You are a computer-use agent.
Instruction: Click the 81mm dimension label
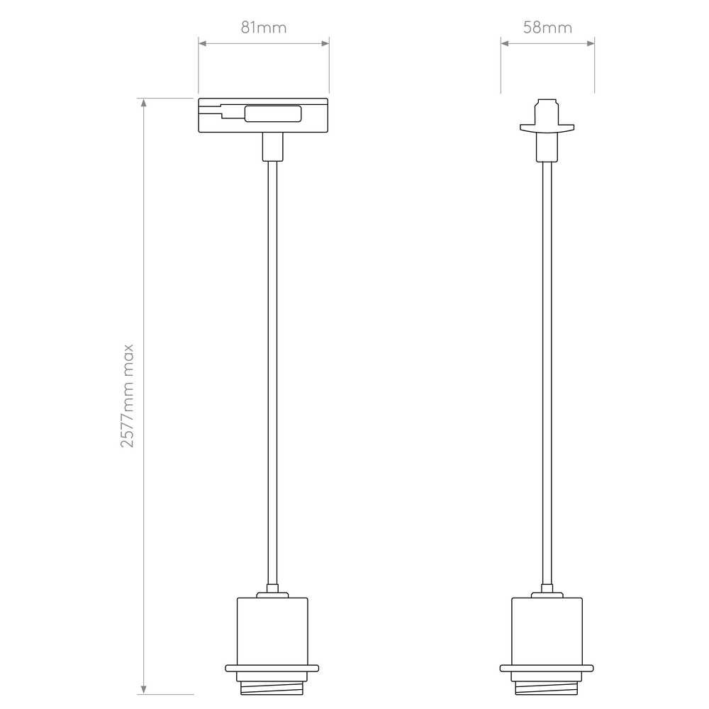[x=264, y=28]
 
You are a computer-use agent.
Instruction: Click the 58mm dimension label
[x=547, y=28]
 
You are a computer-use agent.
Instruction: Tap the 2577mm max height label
[x=127, y=396]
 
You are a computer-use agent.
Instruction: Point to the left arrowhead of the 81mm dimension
[x=203, y=43]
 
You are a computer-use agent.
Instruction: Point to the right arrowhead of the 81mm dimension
[x=325, y=43]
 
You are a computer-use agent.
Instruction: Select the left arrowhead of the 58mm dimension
[x=505, y=43]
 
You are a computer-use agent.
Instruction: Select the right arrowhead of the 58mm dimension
[x=591, y=43]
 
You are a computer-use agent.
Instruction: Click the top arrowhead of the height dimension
[x=144, y=103]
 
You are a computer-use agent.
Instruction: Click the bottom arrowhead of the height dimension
[x=144, y=690]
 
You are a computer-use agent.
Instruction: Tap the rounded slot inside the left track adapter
[x=273, y=113]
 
